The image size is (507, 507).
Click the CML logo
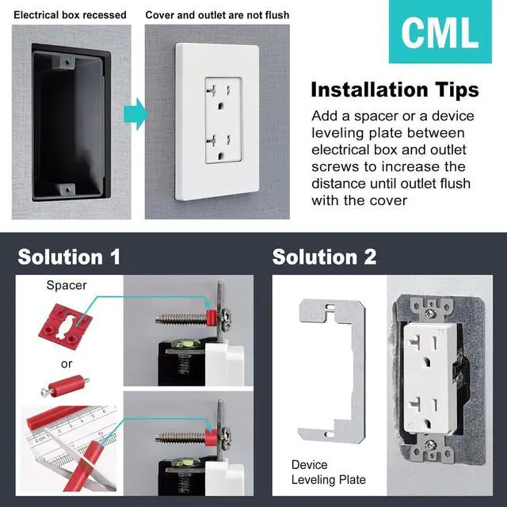[440, 32]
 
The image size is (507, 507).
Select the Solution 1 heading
[70, 257]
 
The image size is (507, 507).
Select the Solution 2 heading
[324, 257]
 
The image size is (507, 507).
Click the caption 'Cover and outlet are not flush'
[217, 15]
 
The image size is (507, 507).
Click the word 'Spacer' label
[66, 284]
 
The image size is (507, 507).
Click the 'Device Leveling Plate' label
[328, 472]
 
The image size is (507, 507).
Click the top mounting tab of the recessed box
[66, 60]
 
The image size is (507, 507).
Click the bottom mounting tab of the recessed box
[67, 190]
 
